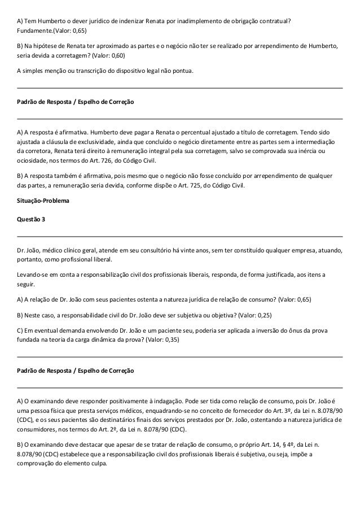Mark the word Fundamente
[x=35, y=30]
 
